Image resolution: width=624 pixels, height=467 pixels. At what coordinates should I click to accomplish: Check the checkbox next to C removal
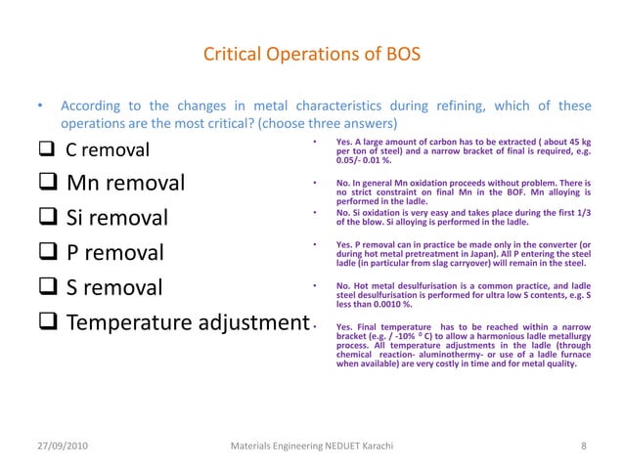(47, 150)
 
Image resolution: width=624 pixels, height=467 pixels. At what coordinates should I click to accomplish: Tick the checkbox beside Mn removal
(49, 183)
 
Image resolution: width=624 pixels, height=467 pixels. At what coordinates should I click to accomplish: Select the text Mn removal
(125, 183)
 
